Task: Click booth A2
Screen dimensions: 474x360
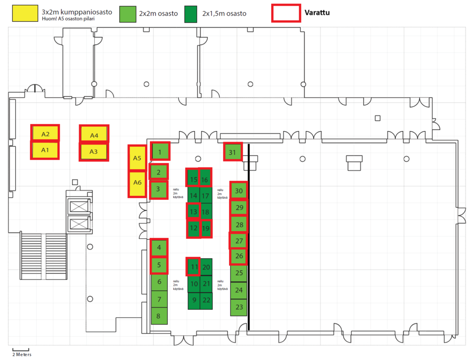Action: [x=45, y=133]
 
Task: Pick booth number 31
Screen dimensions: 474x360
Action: [x=233, y=152]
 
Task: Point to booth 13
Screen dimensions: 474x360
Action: [x=193, y=211]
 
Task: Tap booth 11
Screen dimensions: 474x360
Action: [x=193, y=267]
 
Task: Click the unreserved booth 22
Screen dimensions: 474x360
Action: [x=206, y=300]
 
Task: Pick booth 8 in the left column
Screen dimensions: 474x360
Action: [x=159, y=316]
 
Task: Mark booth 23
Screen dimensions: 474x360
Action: [x=239, y=307]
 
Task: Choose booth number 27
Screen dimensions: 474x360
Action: [x=238, y=241]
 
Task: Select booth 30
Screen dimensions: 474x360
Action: [x=239, y=190]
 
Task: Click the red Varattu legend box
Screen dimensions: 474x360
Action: [x=286, y=13]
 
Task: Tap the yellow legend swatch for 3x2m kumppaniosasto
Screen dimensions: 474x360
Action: [x=25, y=13]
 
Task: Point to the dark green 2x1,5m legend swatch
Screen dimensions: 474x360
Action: [x=191, y=14]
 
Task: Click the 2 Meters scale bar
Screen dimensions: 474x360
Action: [x=21, y=350]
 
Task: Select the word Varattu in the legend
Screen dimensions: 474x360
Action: [x=317, y=13]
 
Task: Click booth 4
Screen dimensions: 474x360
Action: [x=159, y=247]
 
